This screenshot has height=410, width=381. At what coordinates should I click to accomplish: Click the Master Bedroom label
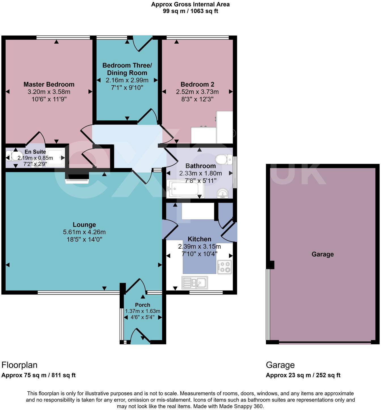point(49,84)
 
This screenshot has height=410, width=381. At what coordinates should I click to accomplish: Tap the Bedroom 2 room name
point(197,84)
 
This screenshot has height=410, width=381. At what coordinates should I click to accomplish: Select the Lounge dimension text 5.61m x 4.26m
point(84,232)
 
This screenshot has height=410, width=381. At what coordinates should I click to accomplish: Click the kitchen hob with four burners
point(225,267)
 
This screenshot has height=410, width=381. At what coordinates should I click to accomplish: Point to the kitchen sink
point(195,282)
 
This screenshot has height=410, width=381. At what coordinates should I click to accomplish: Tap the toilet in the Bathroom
point(224,159)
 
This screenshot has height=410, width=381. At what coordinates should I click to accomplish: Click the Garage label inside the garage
point(323,254)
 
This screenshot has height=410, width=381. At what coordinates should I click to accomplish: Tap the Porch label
point(143,305)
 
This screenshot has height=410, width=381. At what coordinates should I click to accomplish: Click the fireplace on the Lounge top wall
point(77,179)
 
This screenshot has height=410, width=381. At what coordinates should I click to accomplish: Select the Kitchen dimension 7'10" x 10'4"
point(199,254)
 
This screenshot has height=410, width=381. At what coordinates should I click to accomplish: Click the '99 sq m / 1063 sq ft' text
point(190,11)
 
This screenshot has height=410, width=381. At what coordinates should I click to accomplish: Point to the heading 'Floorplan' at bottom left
point(19,365)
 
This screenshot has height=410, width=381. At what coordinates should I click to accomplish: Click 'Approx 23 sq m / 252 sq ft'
point(303,375)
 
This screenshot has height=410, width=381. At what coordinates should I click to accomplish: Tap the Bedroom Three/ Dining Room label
point(127,69)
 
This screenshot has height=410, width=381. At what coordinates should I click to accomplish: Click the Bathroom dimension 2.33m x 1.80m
point(200,173)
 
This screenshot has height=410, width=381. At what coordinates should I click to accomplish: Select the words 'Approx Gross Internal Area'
point(190,4)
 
